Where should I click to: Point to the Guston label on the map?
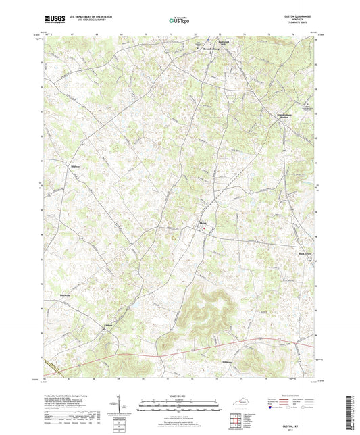coord(109,326)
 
